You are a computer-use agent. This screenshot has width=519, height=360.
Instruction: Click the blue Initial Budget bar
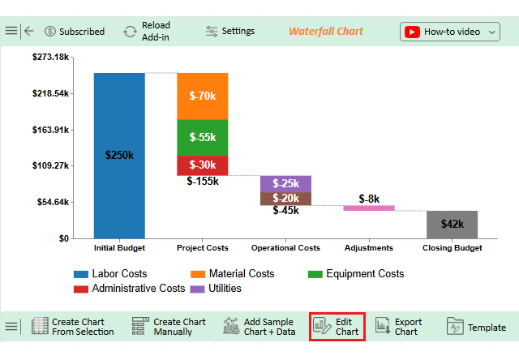click(119, 155)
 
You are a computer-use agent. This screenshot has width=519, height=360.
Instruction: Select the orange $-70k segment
click(202, 96)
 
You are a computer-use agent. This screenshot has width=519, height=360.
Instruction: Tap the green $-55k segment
click(202, 137)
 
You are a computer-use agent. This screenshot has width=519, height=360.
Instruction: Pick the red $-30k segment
click(202, 165)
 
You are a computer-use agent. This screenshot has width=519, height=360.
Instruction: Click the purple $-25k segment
click(285, 183)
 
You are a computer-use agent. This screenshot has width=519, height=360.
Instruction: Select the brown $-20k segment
click(285, 198)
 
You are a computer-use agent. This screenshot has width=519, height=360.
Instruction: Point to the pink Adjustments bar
click(369, 208)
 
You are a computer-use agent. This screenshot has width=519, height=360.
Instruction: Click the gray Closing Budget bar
click(452, 224)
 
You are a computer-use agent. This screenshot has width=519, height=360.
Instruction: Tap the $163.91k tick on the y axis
click(50, 130)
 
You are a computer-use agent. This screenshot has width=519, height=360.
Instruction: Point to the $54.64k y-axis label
click(50, 202)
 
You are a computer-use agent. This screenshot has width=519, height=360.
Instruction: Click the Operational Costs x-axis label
click(285, 247)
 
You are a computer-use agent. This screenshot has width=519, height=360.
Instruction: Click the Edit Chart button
click(337, 327)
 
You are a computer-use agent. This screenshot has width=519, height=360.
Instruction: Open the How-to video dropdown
click(451, 32)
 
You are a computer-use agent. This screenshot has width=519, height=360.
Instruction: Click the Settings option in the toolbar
click(230, 32)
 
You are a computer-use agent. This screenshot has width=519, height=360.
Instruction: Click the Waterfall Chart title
click(326, 32)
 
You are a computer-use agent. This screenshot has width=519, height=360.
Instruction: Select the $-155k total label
click(202, 181)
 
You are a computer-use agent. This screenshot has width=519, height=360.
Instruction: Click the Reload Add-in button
click(147, 32)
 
